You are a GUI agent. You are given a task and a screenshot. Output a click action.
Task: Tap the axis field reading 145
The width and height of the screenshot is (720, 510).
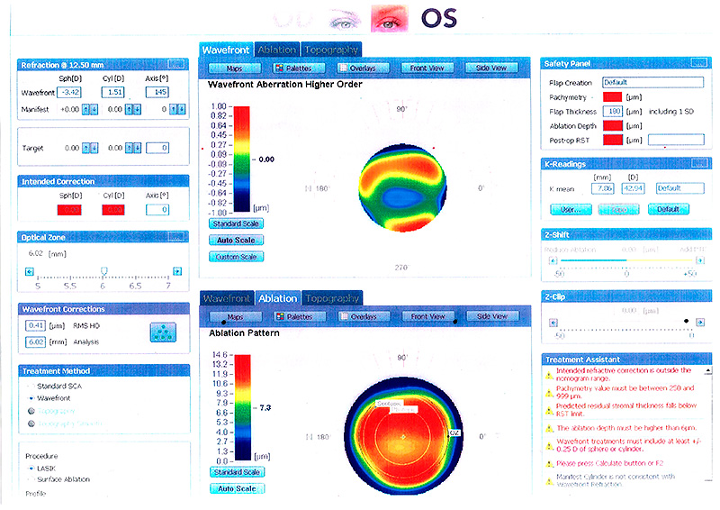(x=158, y=93)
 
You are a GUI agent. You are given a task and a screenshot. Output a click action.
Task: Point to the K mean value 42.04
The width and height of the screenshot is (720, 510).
(x=634, y=188)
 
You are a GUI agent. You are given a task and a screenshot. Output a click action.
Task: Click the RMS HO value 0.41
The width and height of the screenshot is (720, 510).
(x=36, y=325)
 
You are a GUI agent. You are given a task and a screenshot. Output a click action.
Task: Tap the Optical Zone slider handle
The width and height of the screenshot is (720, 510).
(x=103, y=270)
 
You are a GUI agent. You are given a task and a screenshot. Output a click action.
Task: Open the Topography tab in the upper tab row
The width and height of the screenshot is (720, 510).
(x=332, y=50)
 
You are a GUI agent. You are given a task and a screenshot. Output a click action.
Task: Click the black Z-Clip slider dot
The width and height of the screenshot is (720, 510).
(x=687, y=321)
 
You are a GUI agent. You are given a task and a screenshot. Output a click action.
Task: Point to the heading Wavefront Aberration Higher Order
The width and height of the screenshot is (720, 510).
(x=284, y=85)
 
